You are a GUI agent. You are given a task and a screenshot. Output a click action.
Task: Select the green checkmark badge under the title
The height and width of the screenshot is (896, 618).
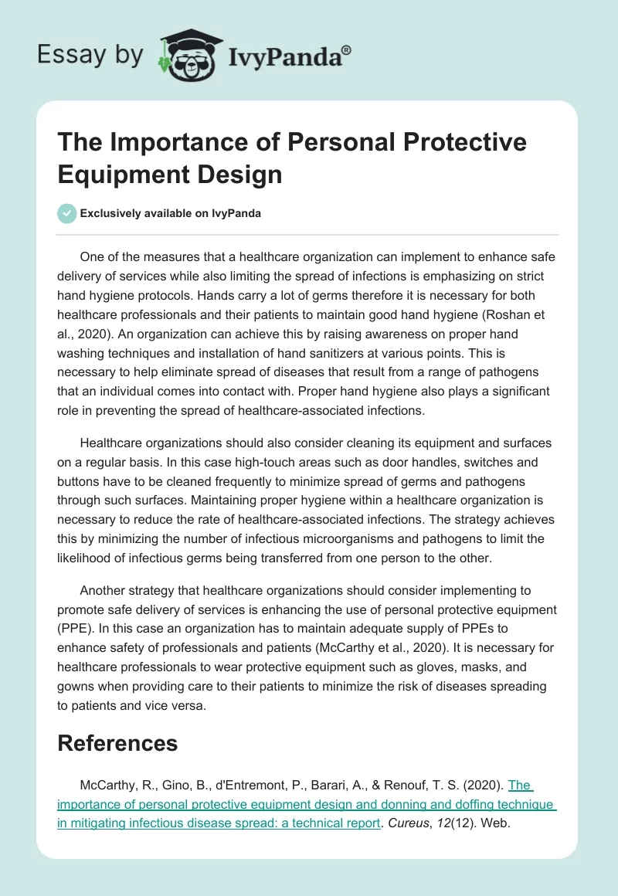coord(67,213)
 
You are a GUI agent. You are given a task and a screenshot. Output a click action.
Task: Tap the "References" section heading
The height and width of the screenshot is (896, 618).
coord(117,743)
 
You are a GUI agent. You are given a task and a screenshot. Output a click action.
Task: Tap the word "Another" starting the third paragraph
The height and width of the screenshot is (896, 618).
coord(104,591)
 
